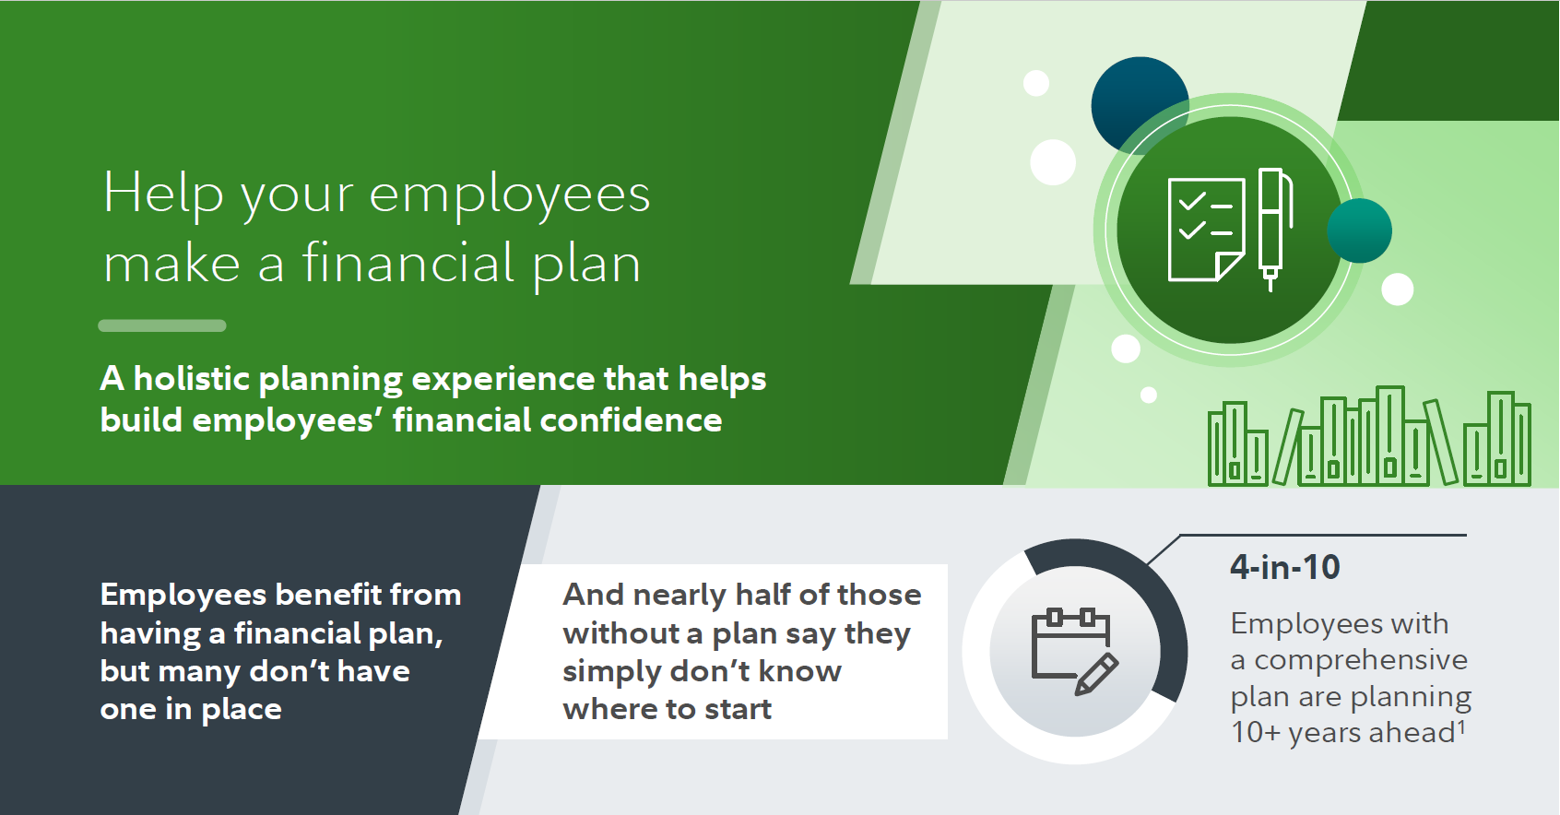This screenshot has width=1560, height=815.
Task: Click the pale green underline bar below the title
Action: point(162,325)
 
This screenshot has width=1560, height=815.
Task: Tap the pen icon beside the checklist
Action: point(1274,230)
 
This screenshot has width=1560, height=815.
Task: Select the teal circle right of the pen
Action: point(1359,230)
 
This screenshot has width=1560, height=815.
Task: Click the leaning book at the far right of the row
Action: point(1439,442)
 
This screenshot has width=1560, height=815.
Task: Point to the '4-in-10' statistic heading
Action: point(1285,567)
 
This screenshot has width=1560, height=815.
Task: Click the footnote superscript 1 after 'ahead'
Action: point(1461,726)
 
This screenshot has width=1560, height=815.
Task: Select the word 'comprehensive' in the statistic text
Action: point(1360,660)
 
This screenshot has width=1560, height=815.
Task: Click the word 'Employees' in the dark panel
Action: point(183,596)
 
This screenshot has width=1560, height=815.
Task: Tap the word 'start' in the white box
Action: point(738,709)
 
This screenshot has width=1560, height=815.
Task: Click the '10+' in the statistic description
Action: point(1256,732)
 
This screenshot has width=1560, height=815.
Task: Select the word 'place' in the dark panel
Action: point(241,711)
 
